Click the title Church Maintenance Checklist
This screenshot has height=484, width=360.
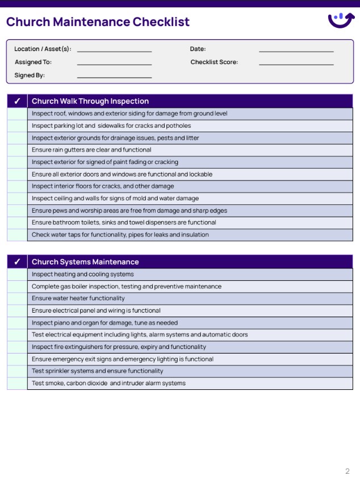click(98, 22)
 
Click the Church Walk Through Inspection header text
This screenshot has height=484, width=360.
click(90, 101)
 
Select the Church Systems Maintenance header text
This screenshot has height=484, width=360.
click(85, 262)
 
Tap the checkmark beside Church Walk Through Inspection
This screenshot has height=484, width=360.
click(17, 101)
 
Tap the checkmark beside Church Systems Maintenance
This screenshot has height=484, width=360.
click(17, 262)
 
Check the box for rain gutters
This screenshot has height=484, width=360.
click(17, 150)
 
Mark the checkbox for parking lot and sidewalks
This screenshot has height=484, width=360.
click(17, 125)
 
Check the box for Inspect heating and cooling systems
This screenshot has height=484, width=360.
click(17, 274)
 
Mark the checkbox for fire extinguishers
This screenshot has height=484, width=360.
click(17, 347)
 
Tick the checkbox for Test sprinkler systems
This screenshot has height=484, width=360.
click(17, 371)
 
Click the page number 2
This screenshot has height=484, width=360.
click(348, 471)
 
